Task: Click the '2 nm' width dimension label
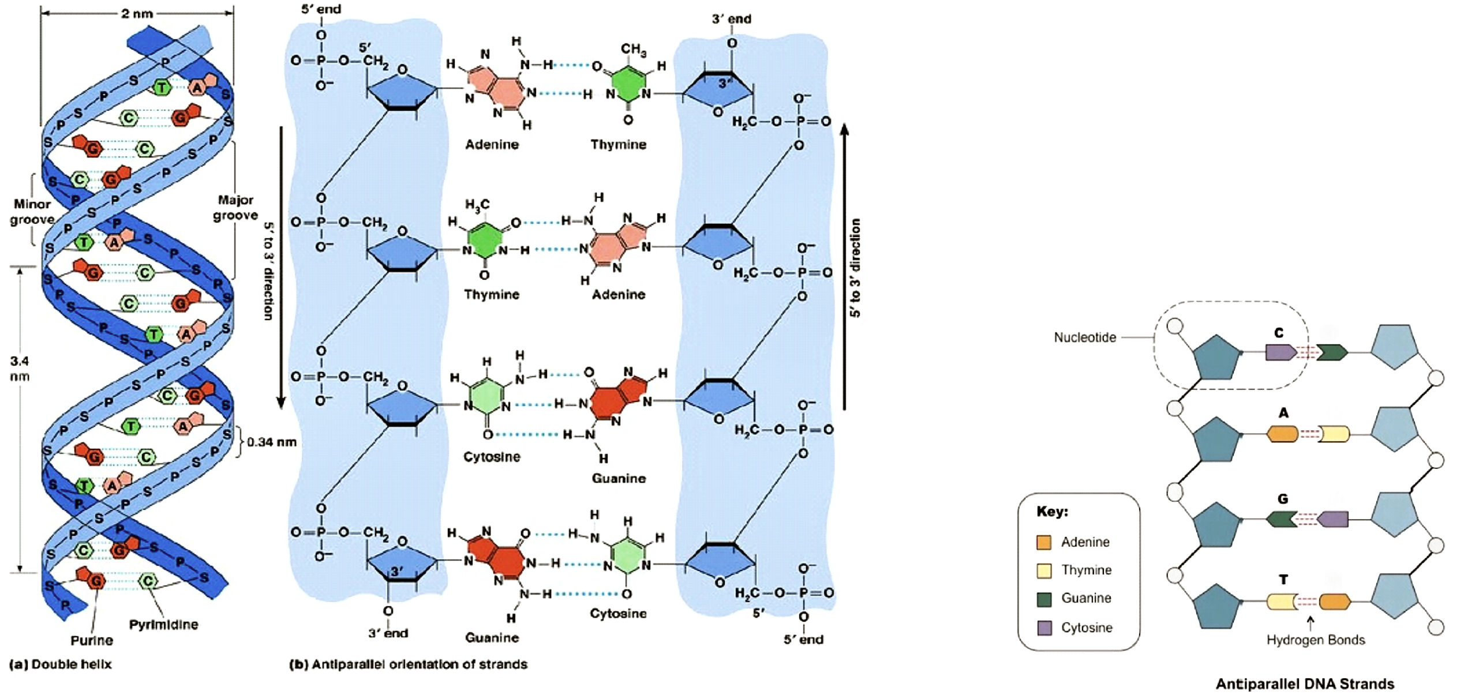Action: [x=137, y=13]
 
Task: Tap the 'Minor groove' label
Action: [x=32, y=212]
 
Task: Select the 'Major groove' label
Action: [x=235, y=208]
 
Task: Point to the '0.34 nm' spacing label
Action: [x=272, y=442]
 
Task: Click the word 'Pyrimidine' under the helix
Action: [x=163, y=625]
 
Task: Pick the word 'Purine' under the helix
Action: [x=92, y=640]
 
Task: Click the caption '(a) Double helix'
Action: [x=61, y=664]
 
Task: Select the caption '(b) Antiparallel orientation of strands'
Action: [x=408, y=664]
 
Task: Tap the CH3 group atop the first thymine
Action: [x=633, y=50]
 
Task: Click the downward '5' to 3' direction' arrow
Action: [x=281, y=265]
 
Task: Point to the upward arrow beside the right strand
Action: [x=844, y=265]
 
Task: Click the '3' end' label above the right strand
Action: [x=731, y=19]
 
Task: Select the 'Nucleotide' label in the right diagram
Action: [x=1085, y=337]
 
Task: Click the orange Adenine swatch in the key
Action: [x=1043, y=542]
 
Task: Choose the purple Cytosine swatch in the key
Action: [x=1044, y=628]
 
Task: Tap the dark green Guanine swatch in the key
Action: [x=1044, y=599]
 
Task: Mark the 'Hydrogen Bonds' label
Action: [x=1316, y=640]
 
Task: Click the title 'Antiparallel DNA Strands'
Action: [x=1305, y=684]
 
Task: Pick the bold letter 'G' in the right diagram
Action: [x=1282, y=499]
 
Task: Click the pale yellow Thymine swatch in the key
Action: [x=1043, y=570]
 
